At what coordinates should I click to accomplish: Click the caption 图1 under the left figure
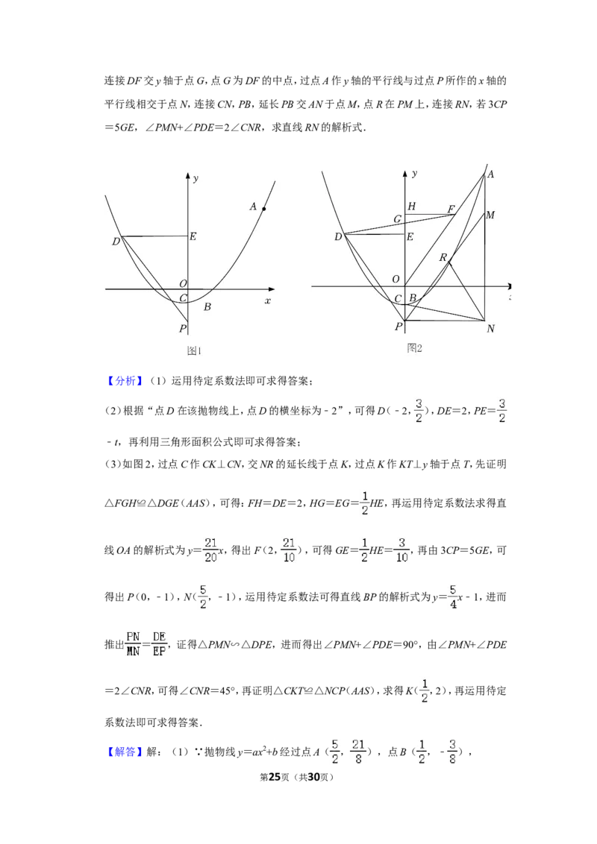[193, 351]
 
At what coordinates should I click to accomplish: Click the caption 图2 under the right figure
[414, 348]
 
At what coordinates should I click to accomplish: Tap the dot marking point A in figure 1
[264, 209]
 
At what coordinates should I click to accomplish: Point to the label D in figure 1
[116, 242]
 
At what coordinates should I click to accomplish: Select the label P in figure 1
[183, 328]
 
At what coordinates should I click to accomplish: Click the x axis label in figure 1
[268, 301]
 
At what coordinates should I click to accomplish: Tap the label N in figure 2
[490, 328]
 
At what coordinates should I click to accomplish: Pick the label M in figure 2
[490, 215]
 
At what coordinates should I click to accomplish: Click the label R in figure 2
[443, 258]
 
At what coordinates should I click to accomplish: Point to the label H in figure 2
[412, 207]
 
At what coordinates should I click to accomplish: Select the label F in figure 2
[451, 210]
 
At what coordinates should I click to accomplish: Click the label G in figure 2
[398, 219]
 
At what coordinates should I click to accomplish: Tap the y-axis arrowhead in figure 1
[187, 175]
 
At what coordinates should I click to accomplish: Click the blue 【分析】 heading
[125, 381]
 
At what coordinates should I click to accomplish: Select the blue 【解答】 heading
[125, 752]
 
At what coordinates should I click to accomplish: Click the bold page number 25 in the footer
[275, 776]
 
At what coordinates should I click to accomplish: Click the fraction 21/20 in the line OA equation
[210, 550]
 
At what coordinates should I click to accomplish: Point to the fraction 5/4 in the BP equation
[452, 597]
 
